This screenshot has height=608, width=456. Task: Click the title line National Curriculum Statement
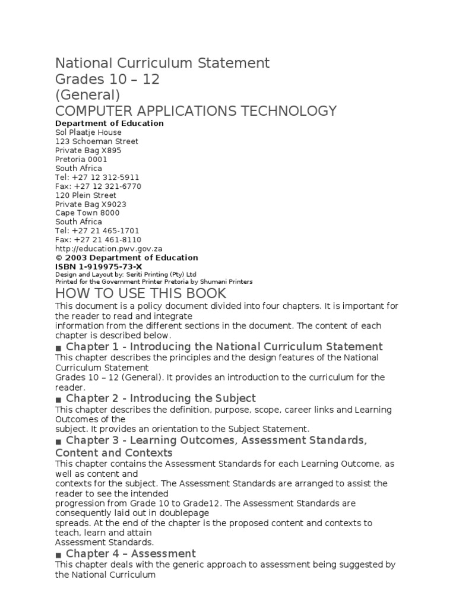pyautogui.click(x=162, y=63)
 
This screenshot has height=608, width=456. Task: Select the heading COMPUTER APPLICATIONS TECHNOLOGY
pyautogui.click(x=196, y=110)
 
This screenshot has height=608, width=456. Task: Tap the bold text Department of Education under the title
pyautogui.click(x=109, y=123)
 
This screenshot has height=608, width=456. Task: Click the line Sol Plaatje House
pyautogui.click(x=88, y=132)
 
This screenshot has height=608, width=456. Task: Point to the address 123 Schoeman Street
pyautogui.click(x=96, y=141)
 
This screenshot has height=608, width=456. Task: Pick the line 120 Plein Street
pyautogui.click(x=85, y=195)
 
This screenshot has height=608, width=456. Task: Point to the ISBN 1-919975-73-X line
pyautogui.click(x=99, y=267)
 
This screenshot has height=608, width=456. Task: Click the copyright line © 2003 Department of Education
pyautogui.click(x=126, y=258)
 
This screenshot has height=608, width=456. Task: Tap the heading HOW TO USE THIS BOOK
pyautogui.click(x=141, y=293)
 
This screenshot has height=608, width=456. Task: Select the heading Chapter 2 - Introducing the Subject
pyautogui.click(x=160, y=398)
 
